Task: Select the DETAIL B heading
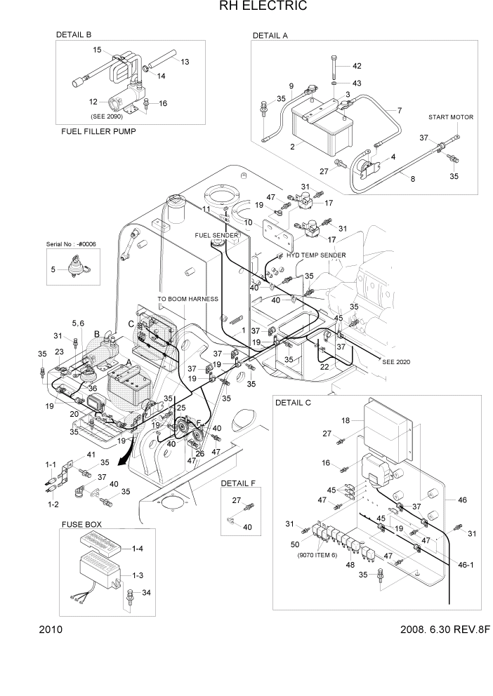[74, 34]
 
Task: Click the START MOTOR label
[451, 117]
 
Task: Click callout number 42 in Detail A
[357, 66]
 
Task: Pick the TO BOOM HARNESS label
[188, 299]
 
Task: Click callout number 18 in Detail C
[346, 420]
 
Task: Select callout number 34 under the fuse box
[146, 594]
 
